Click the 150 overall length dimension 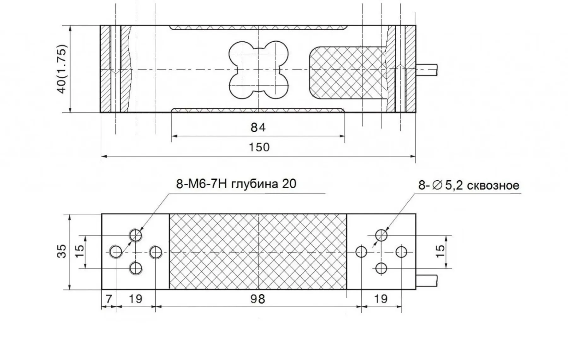[259, 147]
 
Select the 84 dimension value [258, 128]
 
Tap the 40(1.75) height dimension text [62, 69]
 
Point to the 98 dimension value [258, 298]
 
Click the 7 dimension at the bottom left [109, 298]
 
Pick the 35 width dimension [62, 251]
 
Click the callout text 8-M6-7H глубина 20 [236, 184]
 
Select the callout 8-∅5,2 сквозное [469, 185]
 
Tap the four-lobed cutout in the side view [258, 69]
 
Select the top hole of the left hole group [136, 235]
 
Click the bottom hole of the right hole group [382, 268]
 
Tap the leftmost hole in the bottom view [116, 252]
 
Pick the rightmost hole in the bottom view [401, 252]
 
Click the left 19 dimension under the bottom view [136, 298]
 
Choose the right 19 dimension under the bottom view [381, 298]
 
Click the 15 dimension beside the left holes [80, 251]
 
